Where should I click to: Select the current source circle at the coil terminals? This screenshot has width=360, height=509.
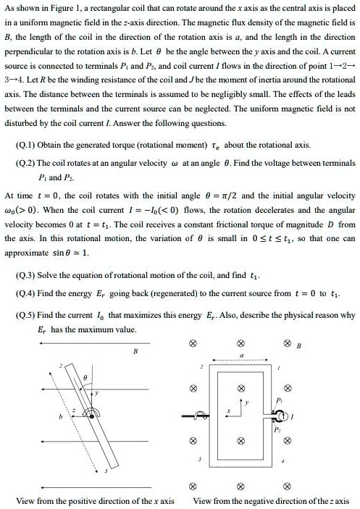tap(278, 416)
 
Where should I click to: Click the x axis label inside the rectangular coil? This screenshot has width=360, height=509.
tap(227, 413)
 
